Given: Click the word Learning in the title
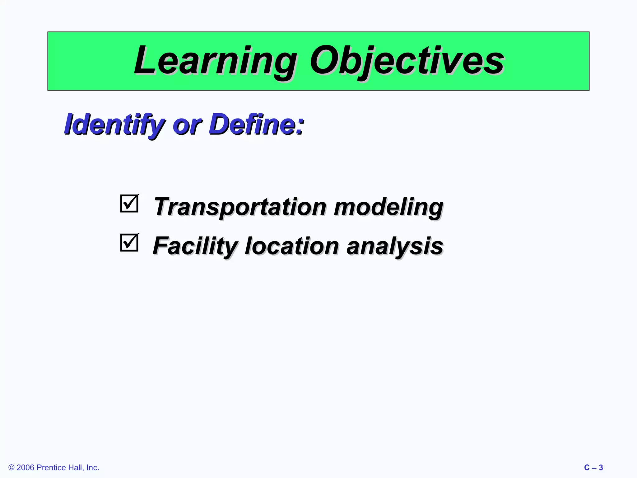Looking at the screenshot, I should pos(215,61).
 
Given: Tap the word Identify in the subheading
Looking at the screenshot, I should pos(114,124).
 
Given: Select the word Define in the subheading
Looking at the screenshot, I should pos(252,124).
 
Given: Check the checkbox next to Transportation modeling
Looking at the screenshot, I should pos(129,204).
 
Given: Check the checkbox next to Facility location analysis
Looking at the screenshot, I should pos(129,243).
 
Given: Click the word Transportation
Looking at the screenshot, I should pos(239,207).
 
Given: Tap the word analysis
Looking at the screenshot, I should pos(394,246).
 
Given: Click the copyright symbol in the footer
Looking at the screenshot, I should pos(12,468).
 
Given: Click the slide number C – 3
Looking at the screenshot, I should pos(593,468).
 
